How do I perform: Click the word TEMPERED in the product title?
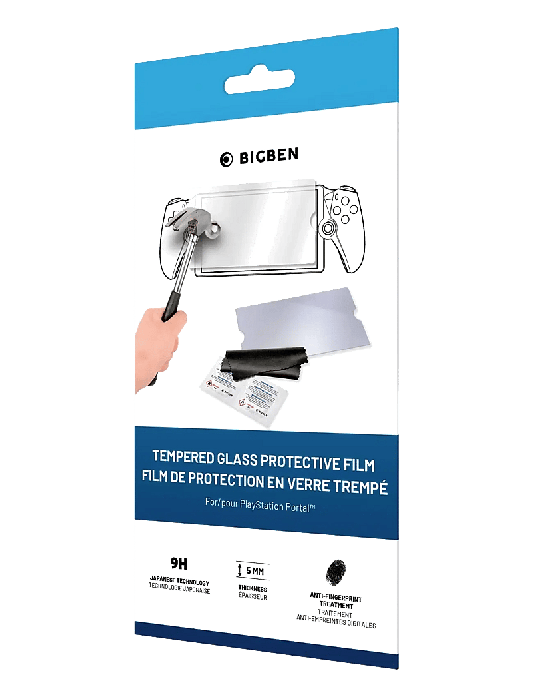[x=183, y=458]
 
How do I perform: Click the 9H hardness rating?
[x=177, y=558]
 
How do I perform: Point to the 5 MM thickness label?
[x=253, y=570]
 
